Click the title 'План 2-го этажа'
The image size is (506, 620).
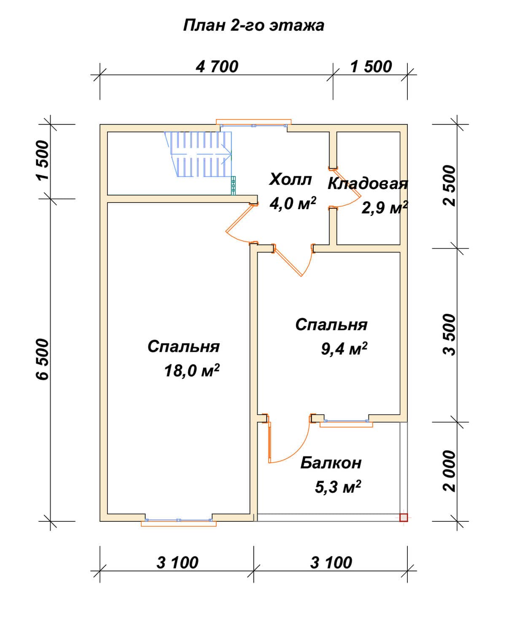[253, 26]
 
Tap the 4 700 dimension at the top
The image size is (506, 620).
[217, 67]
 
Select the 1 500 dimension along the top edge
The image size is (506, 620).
[371, 67]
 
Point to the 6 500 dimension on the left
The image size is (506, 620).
[43, 359]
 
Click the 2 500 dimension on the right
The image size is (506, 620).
[449, 186]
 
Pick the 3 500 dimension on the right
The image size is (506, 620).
[449, 335]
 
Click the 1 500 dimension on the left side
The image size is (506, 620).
[43, 161]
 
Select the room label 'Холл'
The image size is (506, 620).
[291, 179]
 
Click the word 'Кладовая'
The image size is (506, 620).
[368, 184]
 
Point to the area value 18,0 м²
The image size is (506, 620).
[192, 370]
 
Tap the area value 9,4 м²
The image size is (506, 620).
[344, 348]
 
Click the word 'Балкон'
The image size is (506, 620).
[331, 463]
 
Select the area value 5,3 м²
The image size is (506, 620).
[338, 487]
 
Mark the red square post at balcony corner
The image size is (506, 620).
[404, 518]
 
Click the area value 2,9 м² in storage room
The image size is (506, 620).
[385, 208]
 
